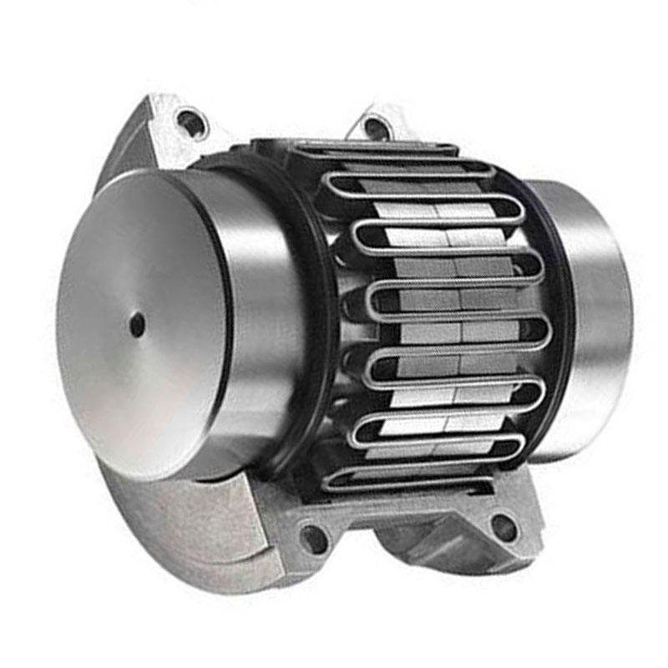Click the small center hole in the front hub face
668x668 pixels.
(137, 325)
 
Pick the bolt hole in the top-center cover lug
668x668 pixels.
(375, 128)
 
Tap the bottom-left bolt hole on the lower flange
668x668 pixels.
(314, 539)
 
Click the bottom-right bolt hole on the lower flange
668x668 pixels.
(504, 527)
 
